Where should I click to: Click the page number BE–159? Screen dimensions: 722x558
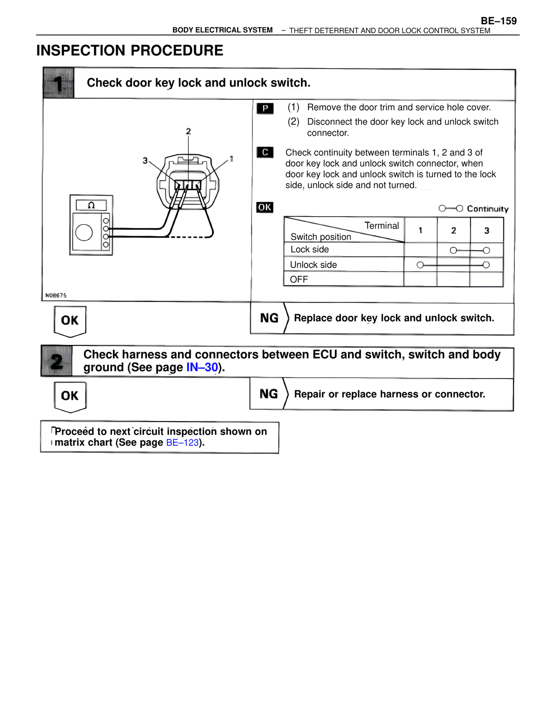point(498,21)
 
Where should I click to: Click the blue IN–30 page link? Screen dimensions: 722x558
point(202,368)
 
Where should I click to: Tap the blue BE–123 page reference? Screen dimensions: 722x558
point(182,443)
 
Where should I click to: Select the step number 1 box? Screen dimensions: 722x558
point(58,83)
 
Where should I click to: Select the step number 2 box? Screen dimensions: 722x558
point(57,361)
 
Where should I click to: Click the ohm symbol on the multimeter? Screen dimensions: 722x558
point(91,205)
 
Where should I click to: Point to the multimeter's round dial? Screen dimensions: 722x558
point(84,232)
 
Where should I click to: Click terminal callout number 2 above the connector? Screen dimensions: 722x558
point(188,131)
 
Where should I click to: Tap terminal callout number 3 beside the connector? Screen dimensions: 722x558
point(145,160)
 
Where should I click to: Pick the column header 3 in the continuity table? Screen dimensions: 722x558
point(487,231)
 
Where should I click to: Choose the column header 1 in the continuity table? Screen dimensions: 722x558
point(420,231)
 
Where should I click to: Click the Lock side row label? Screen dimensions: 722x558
point(310,249)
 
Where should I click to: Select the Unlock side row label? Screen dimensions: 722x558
point(313,265)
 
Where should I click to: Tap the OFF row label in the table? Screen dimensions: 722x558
point(299,279)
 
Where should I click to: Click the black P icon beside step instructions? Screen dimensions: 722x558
point(265,108)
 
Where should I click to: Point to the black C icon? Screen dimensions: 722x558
point(265,152)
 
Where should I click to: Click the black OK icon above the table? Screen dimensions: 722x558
point(265,208)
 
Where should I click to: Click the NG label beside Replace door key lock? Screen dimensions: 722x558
point(269,318)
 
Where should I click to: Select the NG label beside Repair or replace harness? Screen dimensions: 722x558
point(269,394)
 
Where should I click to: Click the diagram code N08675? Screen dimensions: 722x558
point(56,296)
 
